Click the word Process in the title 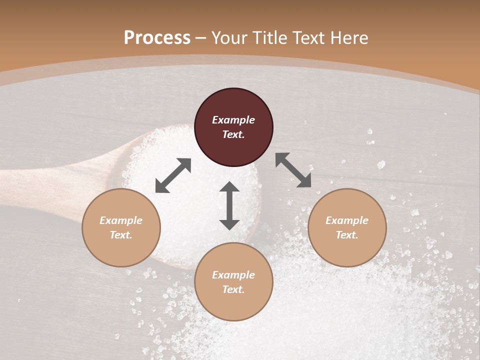click(157, 38)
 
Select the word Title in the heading click(270, 38)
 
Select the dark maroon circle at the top click(233, 127)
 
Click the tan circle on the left click(121, 227)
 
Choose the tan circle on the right click(347, 227)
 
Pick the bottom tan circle click(233, 282)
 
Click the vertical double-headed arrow click(229, 205)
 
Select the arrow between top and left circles click(173, 175)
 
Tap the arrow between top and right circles click(293, 170)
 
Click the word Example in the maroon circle click(233, 120)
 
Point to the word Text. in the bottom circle click(233, 289)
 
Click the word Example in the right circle click(347, 220)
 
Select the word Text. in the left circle click(121, 235)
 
